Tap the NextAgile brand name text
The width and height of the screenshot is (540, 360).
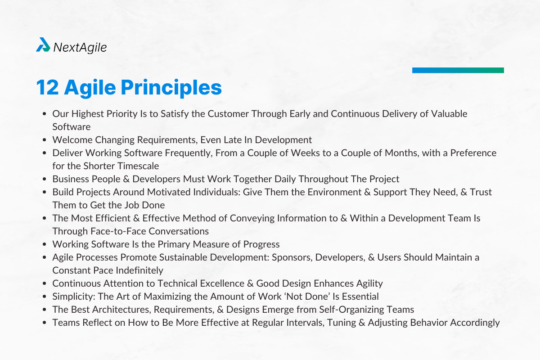(80, 47)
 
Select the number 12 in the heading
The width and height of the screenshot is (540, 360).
(48, 87)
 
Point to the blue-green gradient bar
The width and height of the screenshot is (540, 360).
(458, 70)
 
